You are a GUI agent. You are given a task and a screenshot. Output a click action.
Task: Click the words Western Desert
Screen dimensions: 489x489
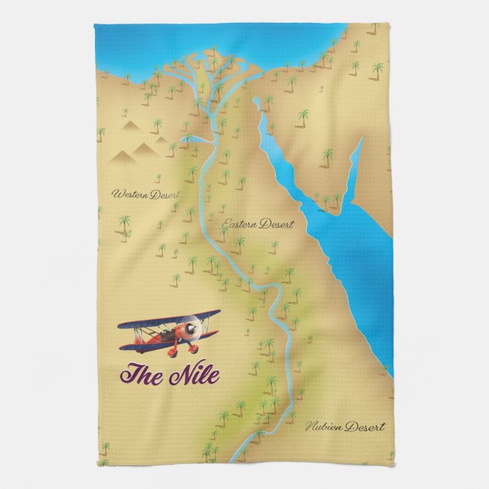click(145, 194)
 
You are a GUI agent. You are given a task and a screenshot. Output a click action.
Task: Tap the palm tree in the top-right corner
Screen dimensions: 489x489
click(374, 29)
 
